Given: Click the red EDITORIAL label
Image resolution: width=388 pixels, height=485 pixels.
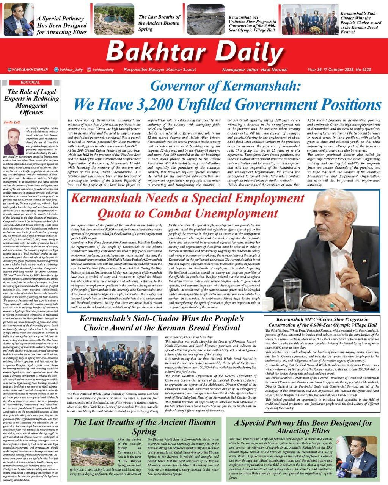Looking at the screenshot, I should click(30, 82).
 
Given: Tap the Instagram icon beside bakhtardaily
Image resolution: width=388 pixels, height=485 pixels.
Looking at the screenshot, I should click(89, 70).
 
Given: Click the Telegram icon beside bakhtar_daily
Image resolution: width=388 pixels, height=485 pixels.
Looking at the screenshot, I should click(57, 70).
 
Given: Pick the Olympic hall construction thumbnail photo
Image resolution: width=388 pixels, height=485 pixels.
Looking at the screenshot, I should click(205, 19).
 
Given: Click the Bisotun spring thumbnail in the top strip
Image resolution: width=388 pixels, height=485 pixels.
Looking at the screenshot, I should click(114, 19).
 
